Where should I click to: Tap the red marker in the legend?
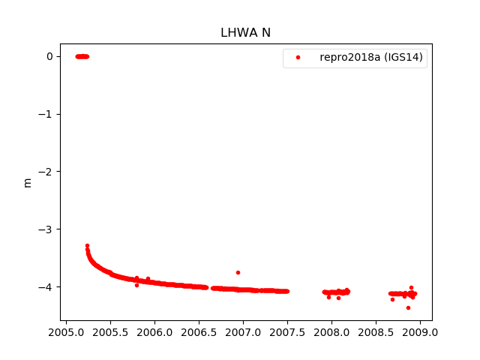(x=298, y=57)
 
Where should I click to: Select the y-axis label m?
(x=28, y=182)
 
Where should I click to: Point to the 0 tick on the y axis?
(x=49, y=56)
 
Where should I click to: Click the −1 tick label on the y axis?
(x=46, y=114)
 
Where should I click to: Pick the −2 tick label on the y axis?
(x=46, y=172)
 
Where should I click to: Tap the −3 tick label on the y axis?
(x=46, y=229)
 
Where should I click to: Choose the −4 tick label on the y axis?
(x=46, y=286)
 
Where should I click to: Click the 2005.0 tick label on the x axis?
(x=66, y=331)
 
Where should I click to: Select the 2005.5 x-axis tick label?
(x=110, y=331)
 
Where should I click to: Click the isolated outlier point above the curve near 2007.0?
(x=238, y=272)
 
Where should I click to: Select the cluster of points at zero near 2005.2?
(x=82, y=56)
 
